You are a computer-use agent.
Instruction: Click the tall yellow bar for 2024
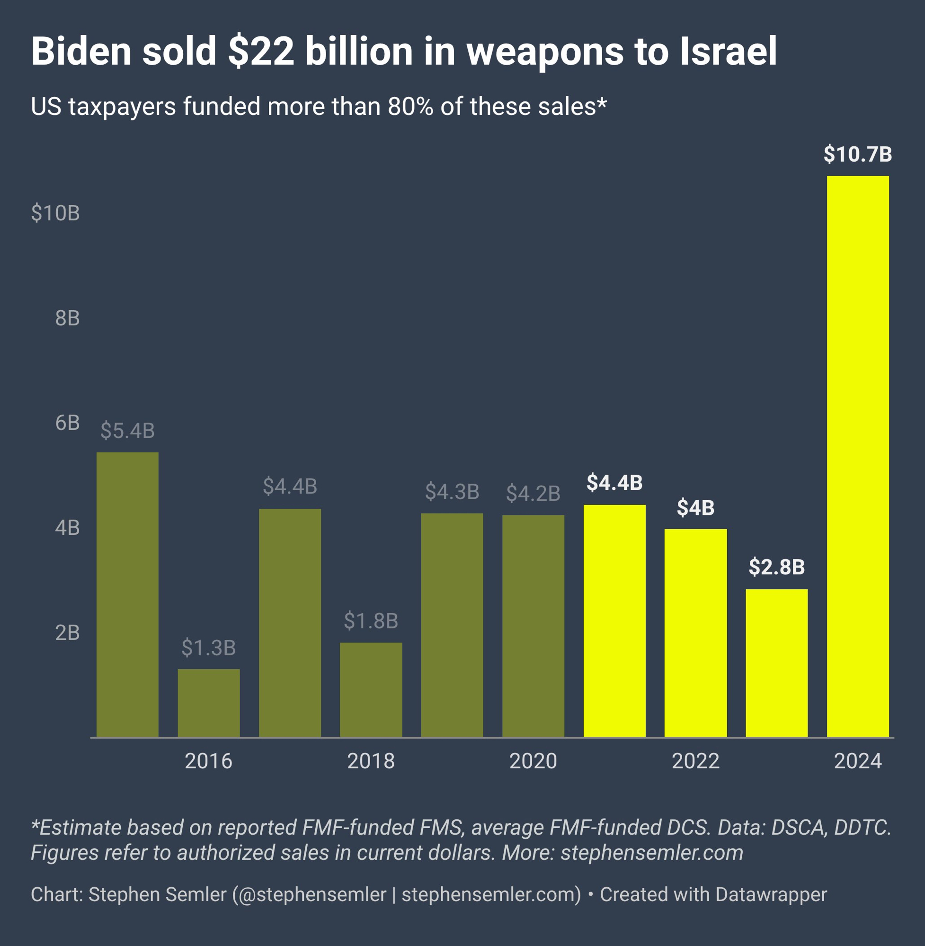point(857,456)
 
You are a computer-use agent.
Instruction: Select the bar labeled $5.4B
point(127,595)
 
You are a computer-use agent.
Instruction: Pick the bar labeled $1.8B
point(371,690)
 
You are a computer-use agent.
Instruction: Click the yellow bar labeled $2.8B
point(776,663)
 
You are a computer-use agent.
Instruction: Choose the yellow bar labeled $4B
point(695,633)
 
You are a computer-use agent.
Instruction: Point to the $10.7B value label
point(857,154)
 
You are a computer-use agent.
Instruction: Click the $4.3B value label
point(452,492)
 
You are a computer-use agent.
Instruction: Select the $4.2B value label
point(533,494)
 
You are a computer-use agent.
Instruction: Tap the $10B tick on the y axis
point(55,213)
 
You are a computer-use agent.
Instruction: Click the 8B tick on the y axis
point(67,318)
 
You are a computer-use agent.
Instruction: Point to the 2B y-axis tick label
point(67,632)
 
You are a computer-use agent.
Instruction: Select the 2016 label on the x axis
point(208,761)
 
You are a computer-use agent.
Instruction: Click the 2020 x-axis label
point(533,761)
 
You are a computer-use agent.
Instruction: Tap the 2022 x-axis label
point(695,761)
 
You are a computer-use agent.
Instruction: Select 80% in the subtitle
point(410,106)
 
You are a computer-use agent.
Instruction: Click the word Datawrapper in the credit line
point(771,894)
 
